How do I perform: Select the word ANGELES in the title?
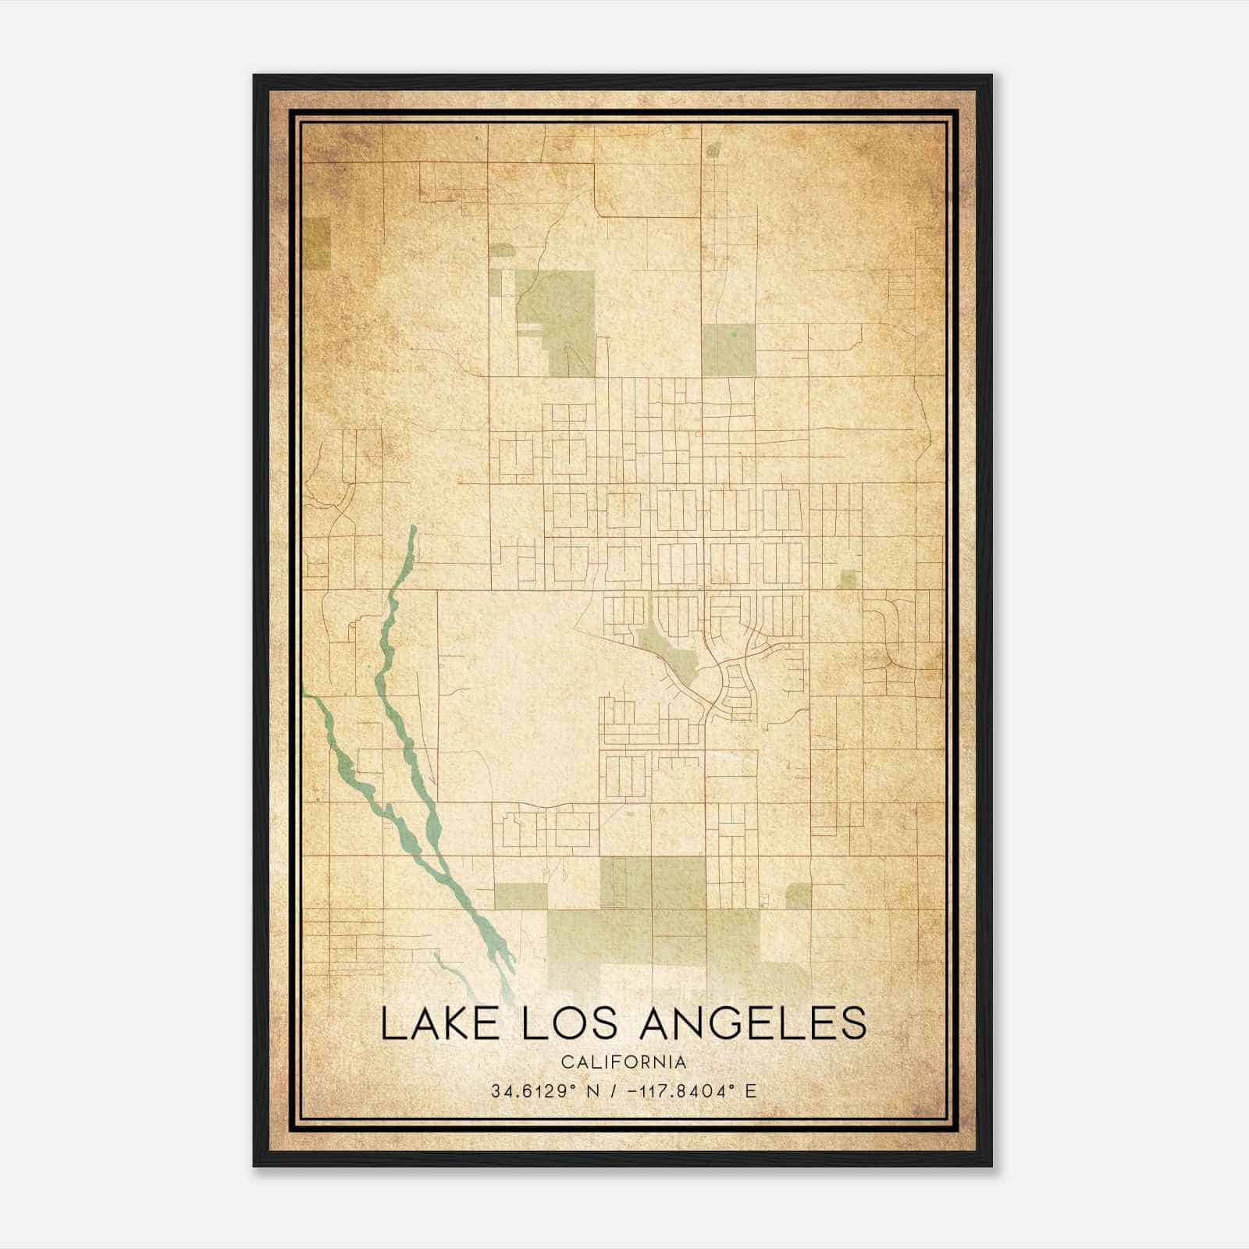coord(753,1023)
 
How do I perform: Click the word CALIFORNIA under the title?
coord(624,1062)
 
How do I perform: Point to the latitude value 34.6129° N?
coord(545,1091)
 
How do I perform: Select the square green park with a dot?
coord(728,351)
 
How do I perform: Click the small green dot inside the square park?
coord(735,334)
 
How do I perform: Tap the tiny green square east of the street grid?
coord(846,579)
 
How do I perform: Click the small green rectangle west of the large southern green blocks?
coord(521,897)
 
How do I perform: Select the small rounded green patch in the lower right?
coord(798,896)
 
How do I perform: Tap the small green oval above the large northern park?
coord(501,250)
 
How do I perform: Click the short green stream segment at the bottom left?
coord(449,968)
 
